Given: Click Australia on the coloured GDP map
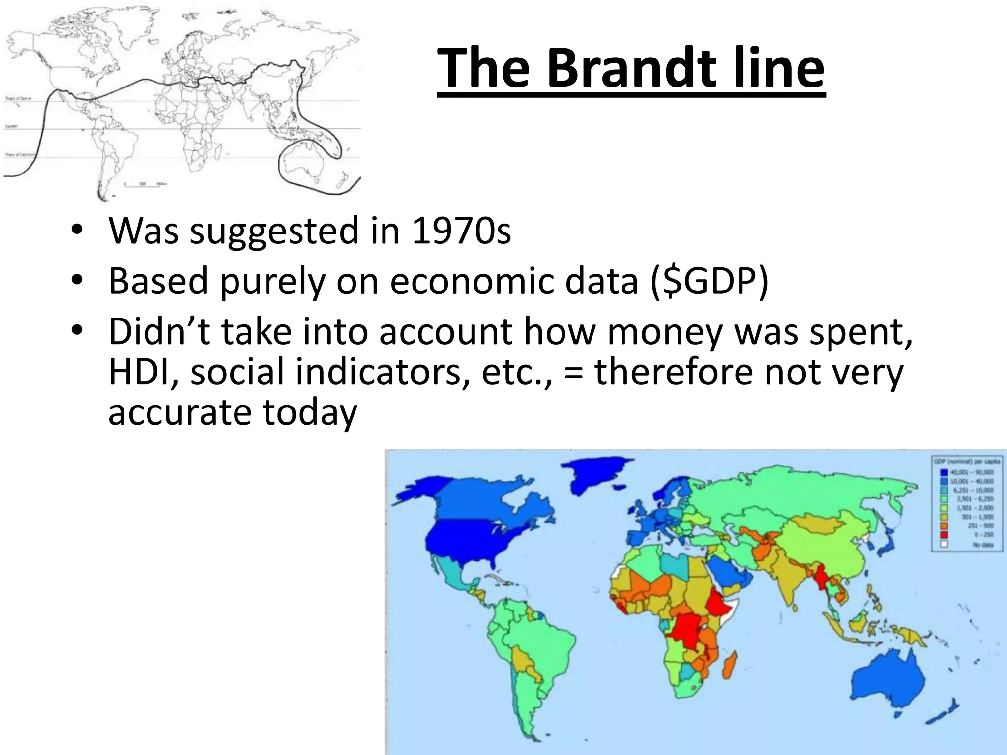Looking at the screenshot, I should (x=890, y=683).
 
